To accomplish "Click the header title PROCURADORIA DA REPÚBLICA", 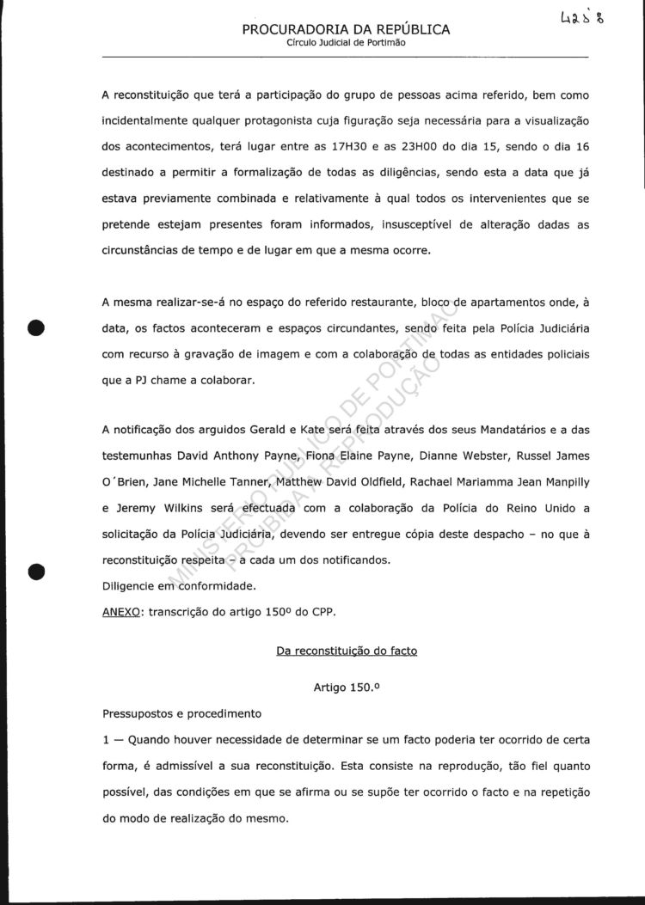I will (346, 29).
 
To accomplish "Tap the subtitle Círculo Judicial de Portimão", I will (346, 43).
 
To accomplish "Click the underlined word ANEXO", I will (121, 613).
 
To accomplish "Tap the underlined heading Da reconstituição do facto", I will (346, 651).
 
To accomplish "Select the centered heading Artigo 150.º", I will (346, 688).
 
